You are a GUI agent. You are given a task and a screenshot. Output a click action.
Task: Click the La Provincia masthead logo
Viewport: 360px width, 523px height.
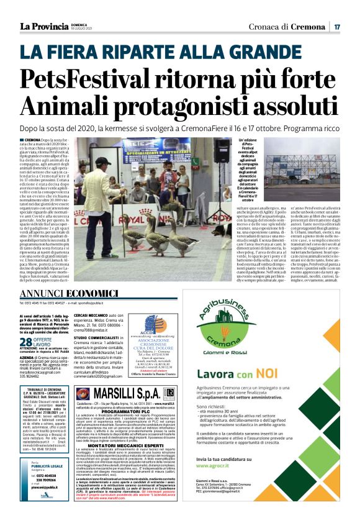(43, 26)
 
